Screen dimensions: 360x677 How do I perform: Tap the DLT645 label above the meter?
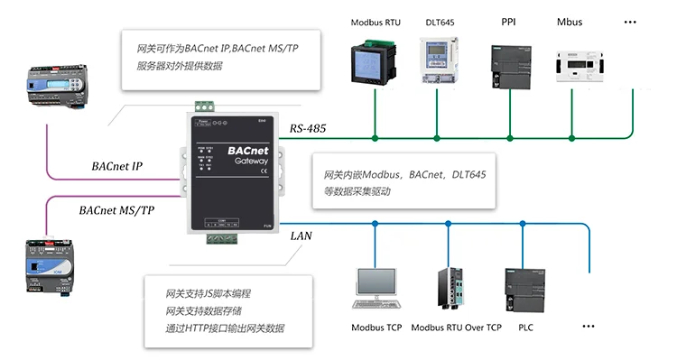[439, 22]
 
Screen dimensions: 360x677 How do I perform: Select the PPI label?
[508, 21]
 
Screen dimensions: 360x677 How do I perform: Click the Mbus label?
[570, 21]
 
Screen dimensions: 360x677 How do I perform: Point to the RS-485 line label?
[308, 130]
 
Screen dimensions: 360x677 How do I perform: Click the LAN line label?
[301, 235]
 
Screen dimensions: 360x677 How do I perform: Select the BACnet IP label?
[117, 166]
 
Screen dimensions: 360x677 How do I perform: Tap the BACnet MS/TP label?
[115, 209]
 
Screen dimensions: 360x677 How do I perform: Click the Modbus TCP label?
[376, 328]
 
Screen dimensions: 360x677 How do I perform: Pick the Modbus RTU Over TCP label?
[456, 328]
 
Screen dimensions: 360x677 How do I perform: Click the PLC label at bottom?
[525, 328]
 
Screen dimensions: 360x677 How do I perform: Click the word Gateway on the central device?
[252, 161]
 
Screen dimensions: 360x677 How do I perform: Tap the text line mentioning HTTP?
[225, 328]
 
